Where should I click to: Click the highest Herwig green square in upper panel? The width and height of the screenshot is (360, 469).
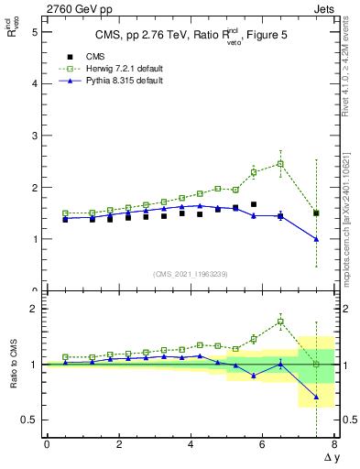click(x=280, y=164)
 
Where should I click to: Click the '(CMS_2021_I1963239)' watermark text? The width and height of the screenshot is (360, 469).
click(x=191, y=274)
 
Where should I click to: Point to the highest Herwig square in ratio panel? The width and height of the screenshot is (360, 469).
click(x=280, y=322)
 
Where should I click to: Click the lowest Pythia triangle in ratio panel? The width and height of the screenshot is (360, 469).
click(x=316, y=398)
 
